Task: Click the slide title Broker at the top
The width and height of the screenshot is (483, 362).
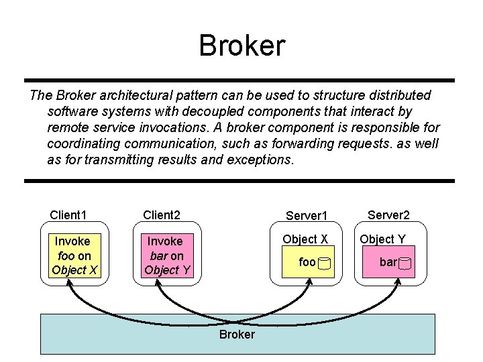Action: (x=241, y=46)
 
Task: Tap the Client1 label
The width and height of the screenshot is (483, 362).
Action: (x=68, y=215)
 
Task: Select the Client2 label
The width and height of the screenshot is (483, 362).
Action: (x=162, y=215)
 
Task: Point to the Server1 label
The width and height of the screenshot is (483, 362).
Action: (x=306, y=216)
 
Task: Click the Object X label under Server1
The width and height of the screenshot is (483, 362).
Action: (x=305, y=239)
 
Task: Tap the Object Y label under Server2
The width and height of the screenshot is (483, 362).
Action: (x=382, y=239)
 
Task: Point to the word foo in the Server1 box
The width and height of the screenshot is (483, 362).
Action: (x=307, y=263)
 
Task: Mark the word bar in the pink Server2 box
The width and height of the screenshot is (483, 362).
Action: (x=388, y=262)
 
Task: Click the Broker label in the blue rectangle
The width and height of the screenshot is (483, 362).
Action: (x=237, y=334)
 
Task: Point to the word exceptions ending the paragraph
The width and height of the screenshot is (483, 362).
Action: (x=259, y=160)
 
